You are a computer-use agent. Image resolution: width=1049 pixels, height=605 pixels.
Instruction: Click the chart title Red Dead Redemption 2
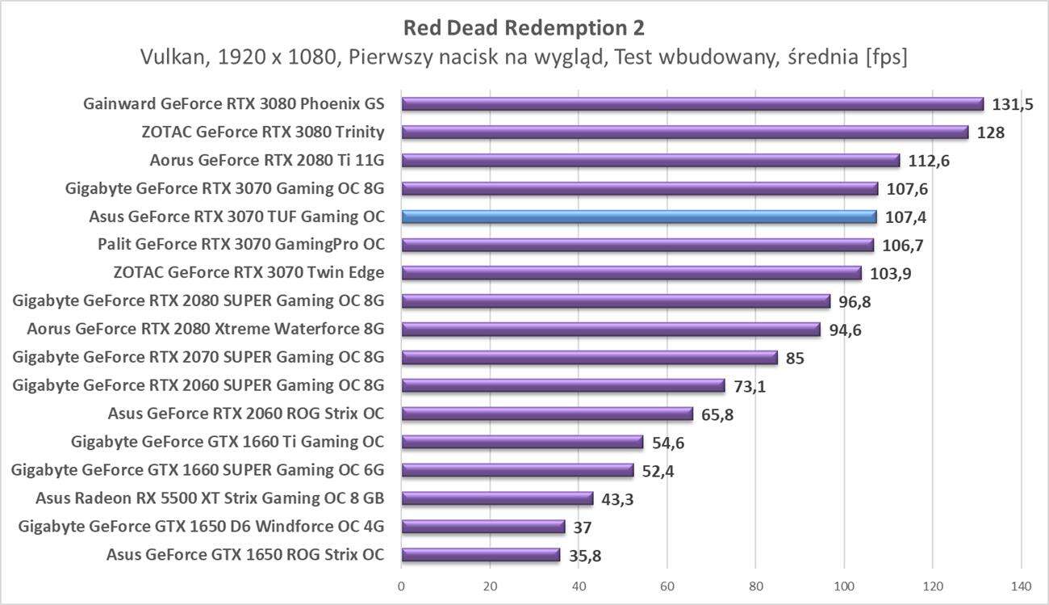(x=524, y=27)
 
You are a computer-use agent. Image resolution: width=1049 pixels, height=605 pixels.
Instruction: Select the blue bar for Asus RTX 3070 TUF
(x=638, y=216)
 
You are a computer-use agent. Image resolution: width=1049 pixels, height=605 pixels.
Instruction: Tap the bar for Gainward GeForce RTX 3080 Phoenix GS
(x=692, y=104)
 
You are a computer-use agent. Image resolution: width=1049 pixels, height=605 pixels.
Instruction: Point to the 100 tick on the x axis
(x=844, y=586)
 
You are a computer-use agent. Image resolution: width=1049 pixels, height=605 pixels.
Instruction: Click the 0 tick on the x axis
(x=401, y=586)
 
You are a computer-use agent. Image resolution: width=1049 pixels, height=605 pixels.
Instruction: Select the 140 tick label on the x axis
(x=1021, y=586)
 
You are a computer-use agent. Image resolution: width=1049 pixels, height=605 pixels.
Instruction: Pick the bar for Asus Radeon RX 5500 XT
(x=497, y=498)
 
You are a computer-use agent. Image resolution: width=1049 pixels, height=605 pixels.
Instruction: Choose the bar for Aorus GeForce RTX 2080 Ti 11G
(x=650, y=161)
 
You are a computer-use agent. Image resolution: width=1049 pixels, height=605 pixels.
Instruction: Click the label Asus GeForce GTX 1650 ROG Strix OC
(x=245, y=555)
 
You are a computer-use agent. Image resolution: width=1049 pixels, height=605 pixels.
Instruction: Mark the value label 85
(x=795, y=358)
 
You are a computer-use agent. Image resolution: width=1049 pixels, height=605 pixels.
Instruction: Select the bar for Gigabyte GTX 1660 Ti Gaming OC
(x=522, y=442)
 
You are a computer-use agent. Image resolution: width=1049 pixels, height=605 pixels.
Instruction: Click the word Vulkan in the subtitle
(x=168, y=58)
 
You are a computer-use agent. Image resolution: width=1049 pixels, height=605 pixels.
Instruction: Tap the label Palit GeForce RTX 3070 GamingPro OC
(x=241, y=245)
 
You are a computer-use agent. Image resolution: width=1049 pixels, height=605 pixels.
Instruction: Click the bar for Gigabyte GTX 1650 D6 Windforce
(x=483, y=527)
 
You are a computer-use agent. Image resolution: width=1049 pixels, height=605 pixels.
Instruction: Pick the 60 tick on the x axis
(x=667, y=586)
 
